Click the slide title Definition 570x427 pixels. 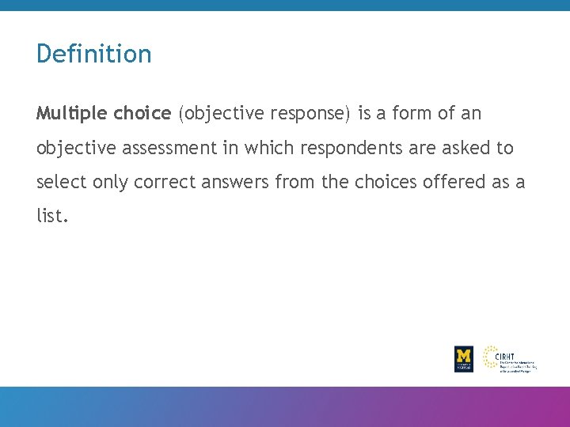[93, 54]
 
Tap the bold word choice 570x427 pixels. [142, 114]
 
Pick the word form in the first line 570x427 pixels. [412, 114]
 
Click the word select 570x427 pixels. [61, 182]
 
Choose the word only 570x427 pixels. [111, 182]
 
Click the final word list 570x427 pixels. [51, 216]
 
